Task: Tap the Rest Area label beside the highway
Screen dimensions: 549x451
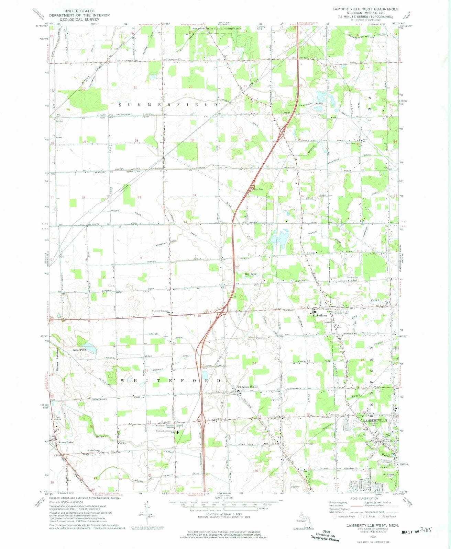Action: (258, 189)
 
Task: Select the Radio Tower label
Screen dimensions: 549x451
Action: (94, 450)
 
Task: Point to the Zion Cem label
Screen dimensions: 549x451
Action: (352, 144)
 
